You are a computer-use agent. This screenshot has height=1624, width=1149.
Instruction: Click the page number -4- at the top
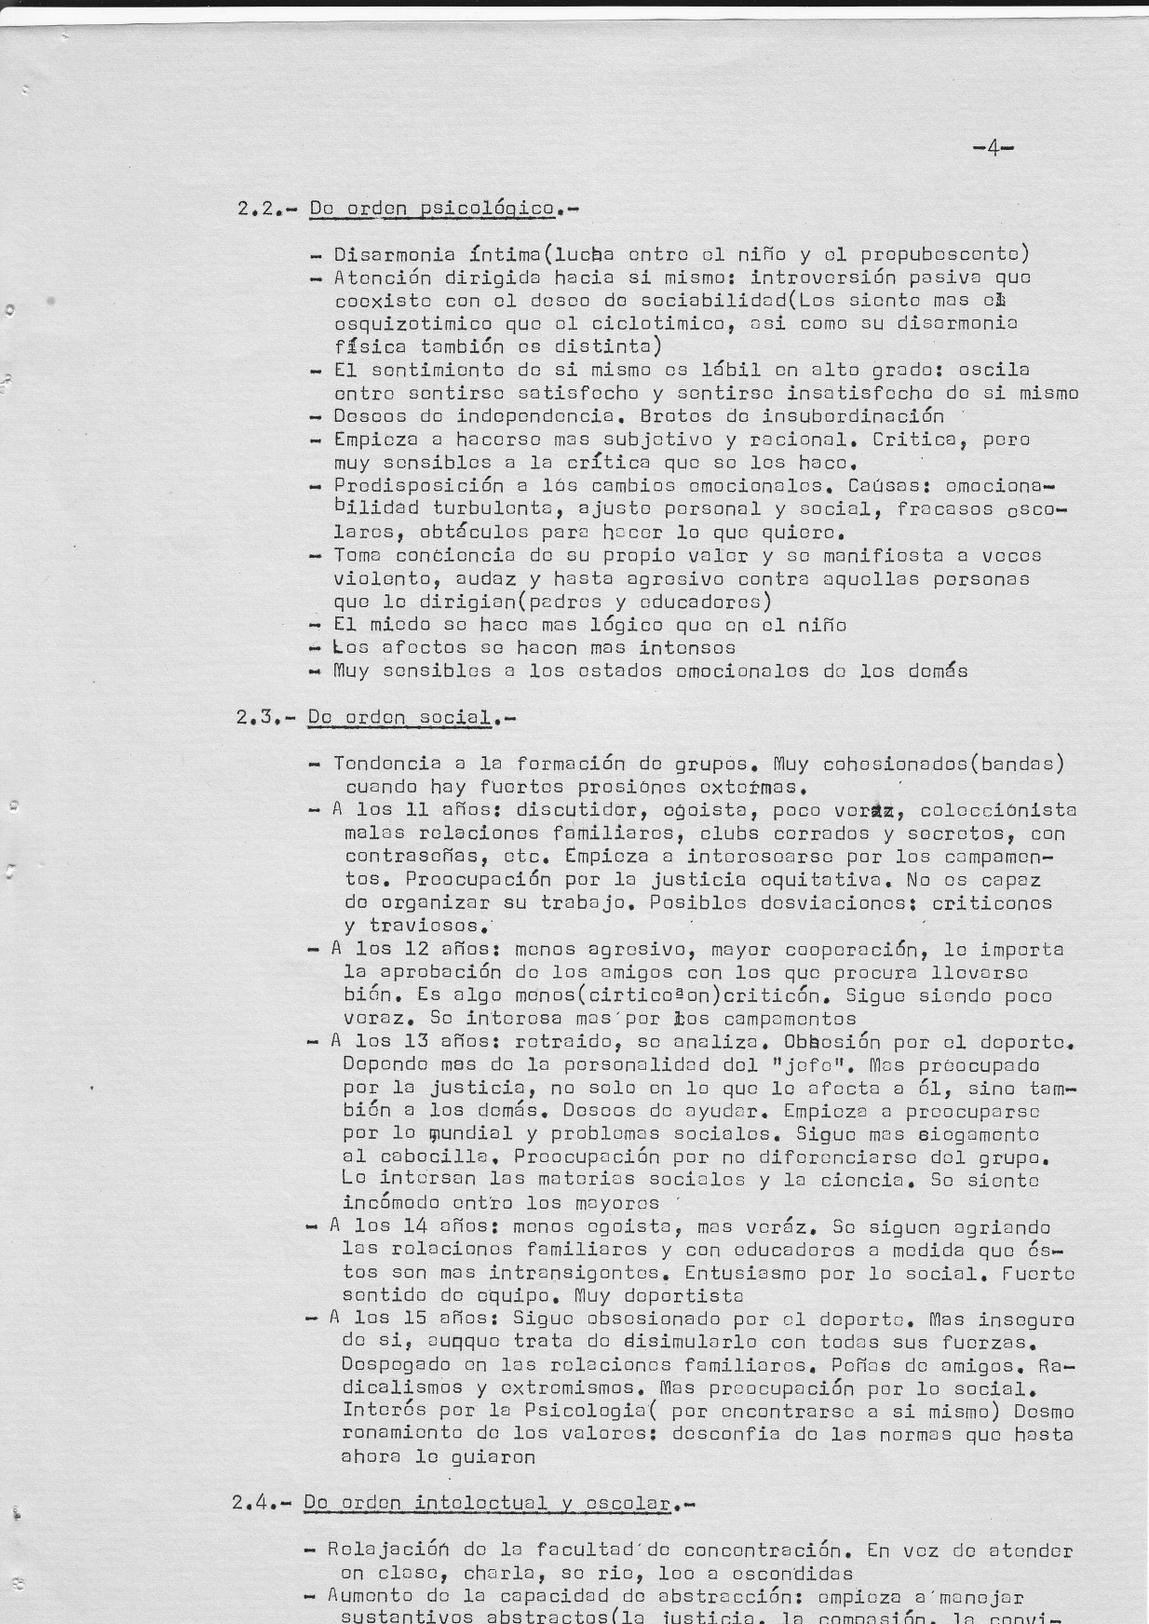993,148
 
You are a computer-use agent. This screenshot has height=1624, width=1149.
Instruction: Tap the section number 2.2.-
265,209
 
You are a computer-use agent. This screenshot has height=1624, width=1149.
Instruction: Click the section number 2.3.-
265,717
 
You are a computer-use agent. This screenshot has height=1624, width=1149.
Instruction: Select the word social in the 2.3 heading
457,717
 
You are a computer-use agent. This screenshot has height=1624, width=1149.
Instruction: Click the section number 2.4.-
262,1503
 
